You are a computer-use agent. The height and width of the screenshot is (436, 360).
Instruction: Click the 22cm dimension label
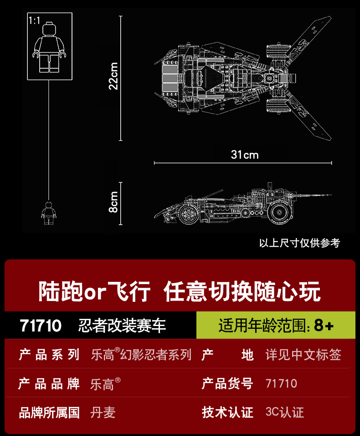pyautogui.click(x=113, y=76)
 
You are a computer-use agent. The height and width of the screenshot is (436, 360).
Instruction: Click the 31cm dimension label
pyautogui.click(x=245, y=155)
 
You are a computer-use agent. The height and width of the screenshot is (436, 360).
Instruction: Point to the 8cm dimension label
pyautogui.click(x=113, y=202)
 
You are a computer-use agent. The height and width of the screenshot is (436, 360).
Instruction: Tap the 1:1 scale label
pyautogui.click(x=34, y=21)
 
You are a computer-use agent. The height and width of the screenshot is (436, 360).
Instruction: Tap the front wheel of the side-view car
pyautogui.click(x=189, y=214)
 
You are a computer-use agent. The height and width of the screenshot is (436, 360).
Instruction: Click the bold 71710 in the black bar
pyautogui.click(x=41, y=326)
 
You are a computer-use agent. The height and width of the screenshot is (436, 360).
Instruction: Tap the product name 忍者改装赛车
pyautogui.click(x=122, y=326)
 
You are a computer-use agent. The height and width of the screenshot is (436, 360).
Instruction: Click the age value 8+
pyautogui.click(x=324, y=326)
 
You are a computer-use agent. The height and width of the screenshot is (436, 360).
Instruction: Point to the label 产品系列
pyautogui.click(x=49, y=355)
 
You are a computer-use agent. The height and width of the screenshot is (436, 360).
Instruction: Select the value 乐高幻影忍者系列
pyautogui.click(x=141, y=355)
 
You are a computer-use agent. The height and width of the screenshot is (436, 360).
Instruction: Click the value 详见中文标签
pyautogui.click(x=303, y=355)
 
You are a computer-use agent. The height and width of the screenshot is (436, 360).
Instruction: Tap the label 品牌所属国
pyautogui.click(x=49, y=413)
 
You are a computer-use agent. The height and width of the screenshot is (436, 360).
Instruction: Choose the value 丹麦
pyautogui.click(x=103, y=413)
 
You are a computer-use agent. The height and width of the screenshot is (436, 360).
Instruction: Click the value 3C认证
pyautogui.click(x=284, y=413)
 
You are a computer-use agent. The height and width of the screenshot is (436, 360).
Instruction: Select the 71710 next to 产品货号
pyautogui.click(x=281, y=384)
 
